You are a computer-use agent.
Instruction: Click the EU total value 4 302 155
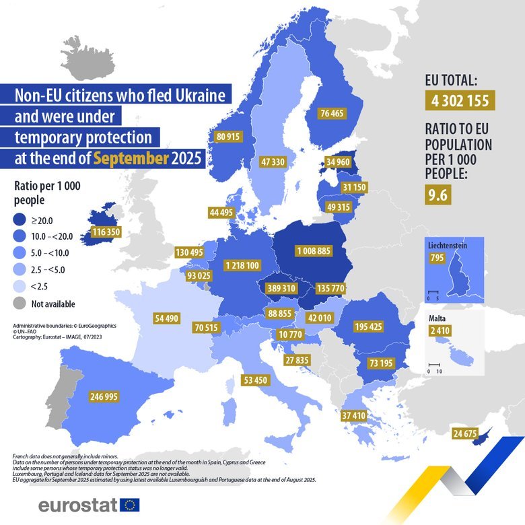click(x=460, y=102)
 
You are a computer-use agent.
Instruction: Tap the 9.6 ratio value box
click(x=437, y=195)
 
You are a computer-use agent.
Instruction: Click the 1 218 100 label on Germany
click(x=242, y=265)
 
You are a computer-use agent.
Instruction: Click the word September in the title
click(x=131, y=159)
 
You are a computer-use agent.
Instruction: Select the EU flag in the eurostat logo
click(x=129, y=504)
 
